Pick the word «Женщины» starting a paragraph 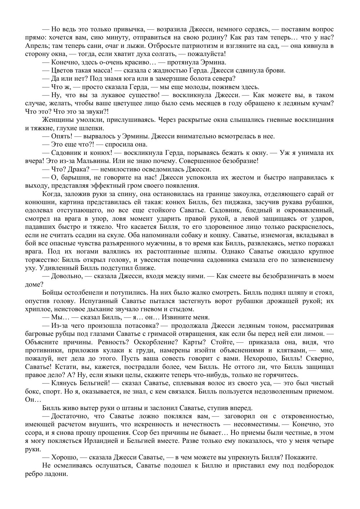pos(57,120)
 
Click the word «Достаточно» pos(70,416)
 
